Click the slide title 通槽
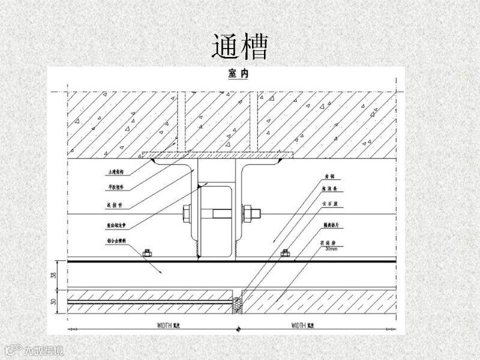point(239,46)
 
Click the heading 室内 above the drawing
point(238,74)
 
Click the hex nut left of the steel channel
point(185,212)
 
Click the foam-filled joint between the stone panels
point(238,302)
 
